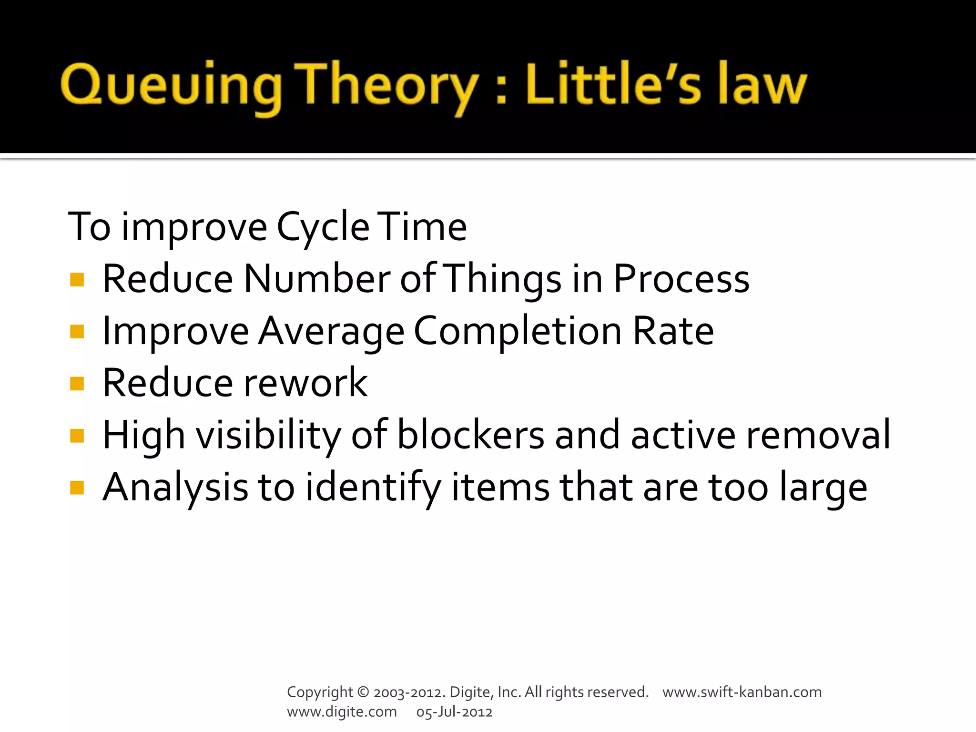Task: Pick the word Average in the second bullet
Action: [331, 332]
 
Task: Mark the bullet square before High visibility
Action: [77, 436]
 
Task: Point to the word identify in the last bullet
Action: [373, 488]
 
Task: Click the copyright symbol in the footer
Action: [363, 692]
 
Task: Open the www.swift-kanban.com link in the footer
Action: [742, 692]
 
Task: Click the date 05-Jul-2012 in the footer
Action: [454, 712]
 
